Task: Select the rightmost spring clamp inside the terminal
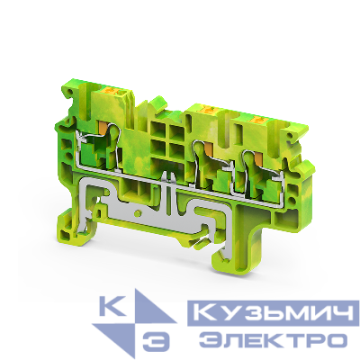[247, 166]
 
